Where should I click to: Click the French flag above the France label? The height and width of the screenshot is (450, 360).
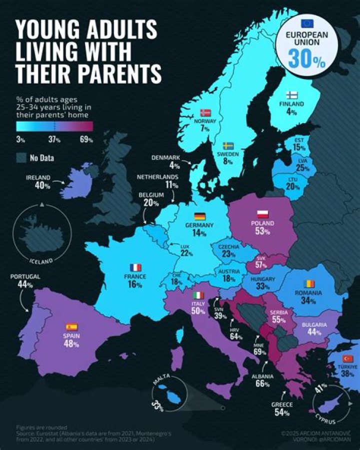[135, 267]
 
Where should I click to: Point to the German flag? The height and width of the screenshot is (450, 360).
[199, 217]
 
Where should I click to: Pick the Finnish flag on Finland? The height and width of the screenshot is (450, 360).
[292, 95]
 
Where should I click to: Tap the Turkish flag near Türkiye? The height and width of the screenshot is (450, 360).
[348, 358]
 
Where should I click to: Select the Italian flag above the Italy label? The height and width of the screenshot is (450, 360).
[199, 295]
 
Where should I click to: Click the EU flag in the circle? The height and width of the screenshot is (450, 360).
[306, 23]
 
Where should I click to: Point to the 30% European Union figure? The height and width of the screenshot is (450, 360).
[306, 59]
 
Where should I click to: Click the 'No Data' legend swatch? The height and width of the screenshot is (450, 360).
[21, 159]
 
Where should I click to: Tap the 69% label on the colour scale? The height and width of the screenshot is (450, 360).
[86, 140]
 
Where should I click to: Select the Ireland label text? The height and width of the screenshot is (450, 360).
[38, 178]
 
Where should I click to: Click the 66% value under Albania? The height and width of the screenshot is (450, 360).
[262, 384]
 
